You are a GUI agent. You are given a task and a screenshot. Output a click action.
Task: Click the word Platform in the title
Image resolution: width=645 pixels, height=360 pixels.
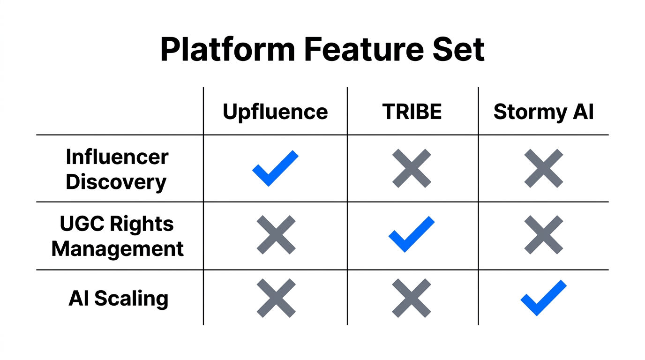(227, 49)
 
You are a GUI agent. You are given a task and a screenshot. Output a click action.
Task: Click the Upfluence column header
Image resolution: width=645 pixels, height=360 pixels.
(275, 112)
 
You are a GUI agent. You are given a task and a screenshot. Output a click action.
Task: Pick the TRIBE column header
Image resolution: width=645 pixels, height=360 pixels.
(412, 112)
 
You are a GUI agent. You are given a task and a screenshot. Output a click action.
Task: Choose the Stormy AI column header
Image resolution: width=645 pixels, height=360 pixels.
(543, 112)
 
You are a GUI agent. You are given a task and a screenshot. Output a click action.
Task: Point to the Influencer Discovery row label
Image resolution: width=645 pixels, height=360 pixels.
(117, 169)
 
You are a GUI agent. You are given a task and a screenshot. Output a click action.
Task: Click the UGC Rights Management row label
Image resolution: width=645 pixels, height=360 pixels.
(117, 236)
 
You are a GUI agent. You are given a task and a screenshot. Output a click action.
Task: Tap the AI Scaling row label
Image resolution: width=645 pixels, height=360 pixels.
(118, 298)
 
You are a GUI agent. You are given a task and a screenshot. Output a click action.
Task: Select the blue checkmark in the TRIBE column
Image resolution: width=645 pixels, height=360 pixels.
(411, 235)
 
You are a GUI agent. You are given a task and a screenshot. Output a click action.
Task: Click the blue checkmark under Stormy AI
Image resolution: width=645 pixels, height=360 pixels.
(543, 298)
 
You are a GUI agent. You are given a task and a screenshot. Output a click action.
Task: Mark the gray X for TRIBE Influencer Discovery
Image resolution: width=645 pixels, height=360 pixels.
(412, 168)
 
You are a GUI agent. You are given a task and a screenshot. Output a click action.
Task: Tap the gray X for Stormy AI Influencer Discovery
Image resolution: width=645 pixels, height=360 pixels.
(543, 168)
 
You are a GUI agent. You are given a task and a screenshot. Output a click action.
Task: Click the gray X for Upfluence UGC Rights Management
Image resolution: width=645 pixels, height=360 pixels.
(276, 235)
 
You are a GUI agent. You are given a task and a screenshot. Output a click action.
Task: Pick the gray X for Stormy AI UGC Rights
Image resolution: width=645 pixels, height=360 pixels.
(543, 235)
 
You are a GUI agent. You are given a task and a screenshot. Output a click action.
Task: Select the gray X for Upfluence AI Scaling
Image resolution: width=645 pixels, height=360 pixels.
(276, 298)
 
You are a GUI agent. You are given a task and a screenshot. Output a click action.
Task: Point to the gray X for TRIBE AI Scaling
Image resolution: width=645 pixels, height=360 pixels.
(412, 298)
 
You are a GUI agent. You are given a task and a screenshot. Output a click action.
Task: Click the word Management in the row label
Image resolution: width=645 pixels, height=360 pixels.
(117, 248)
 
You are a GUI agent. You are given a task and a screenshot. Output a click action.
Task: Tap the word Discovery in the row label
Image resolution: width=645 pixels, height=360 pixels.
(116, 182)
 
